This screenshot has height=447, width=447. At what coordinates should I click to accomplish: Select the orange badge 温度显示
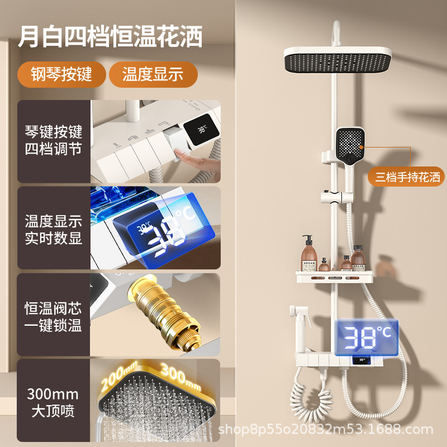coord(153,75)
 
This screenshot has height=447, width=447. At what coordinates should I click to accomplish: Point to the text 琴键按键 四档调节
coord(54,141)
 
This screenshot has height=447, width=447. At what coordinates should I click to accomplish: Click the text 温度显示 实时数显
coord(54,229)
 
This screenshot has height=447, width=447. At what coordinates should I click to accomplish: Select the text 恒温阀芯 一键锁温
coord(54,316)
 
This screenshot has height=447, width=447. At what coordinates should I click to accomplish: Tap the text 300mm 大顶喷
coord(53,403)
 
